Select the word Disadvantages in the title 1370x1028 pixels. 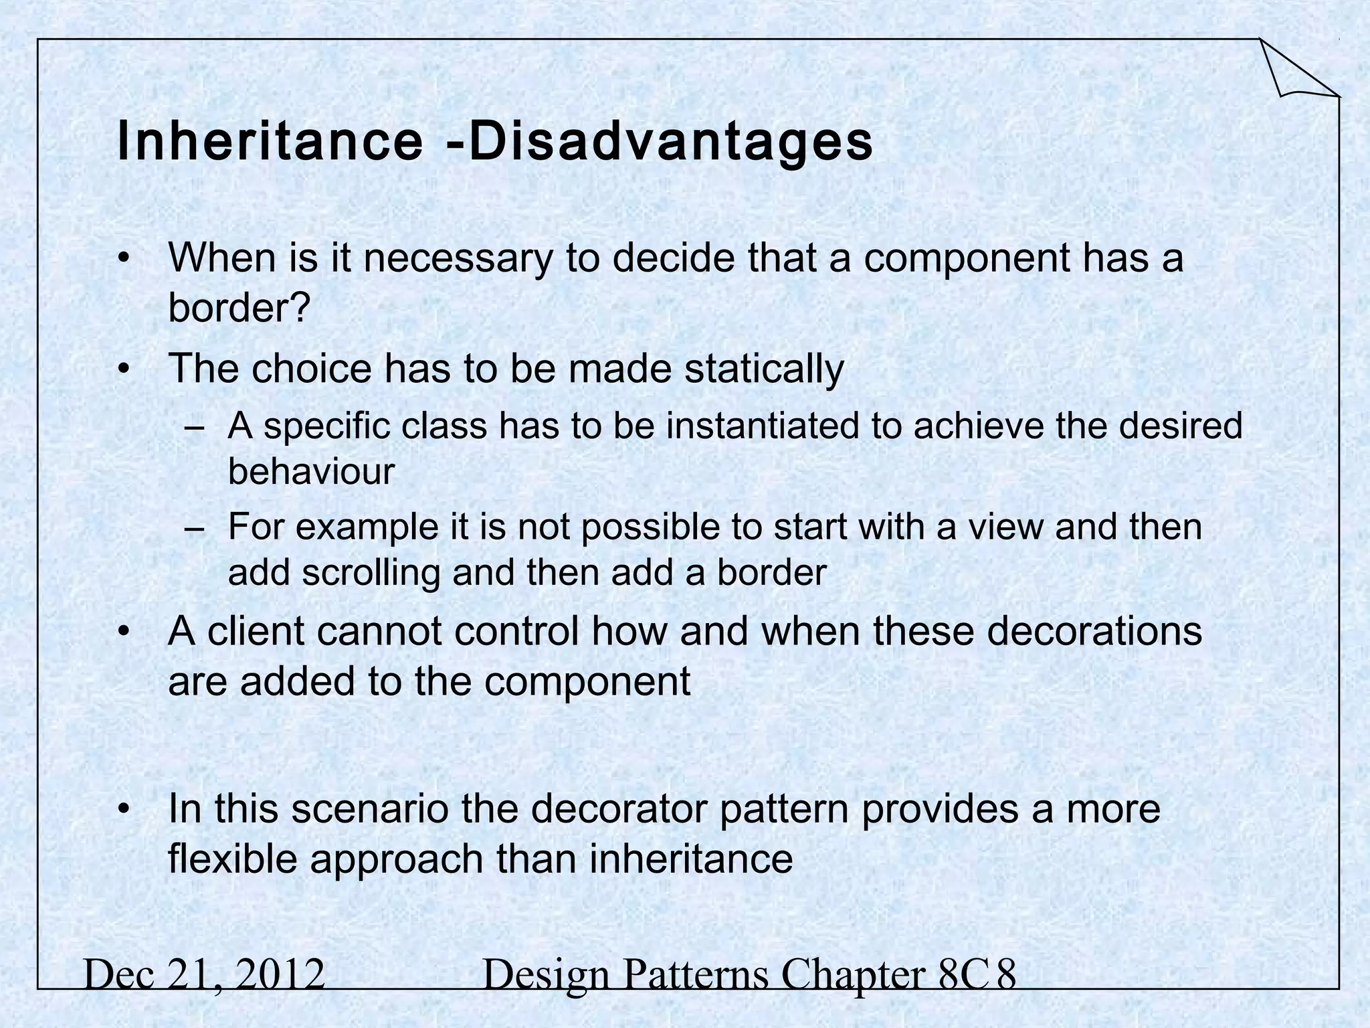tap(670, 143)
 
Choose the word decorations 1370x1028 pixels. tap(1094, 631)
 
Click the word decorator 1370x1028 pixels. tap(611, 808)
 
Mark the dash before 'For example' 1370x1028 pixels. tap(194, 529)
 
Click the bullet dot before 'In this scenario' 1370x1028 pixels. tap(122, 810)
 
